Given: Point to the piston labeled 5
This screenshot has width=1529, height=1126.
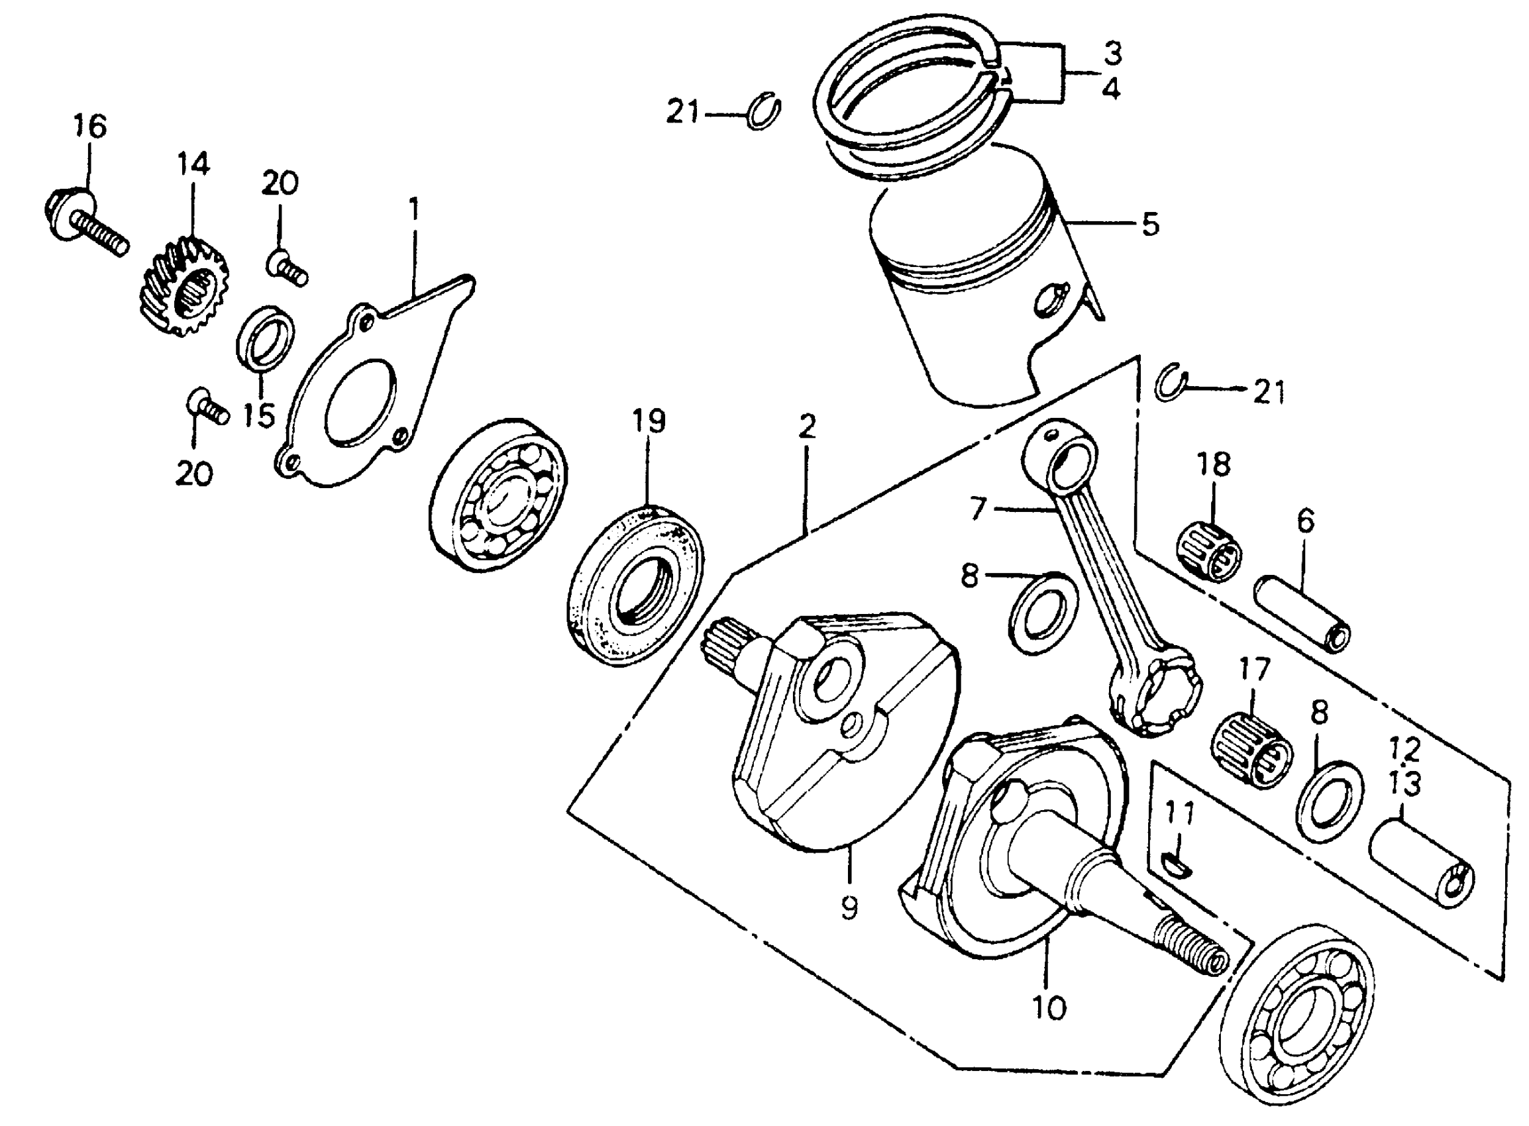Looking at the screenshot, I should coord(975,286).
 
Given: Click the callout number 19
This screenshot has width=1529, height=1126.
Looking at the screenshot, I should coord(649,422).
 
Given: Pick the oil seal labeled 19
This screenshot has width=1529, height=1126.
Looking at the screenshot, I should coord(635,584).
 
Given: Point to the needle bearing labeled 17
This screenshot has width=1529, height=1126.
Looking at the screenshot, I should coord(1253,750).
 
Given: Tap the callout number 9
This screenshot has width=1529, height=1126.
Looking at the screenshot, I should coord(849,907).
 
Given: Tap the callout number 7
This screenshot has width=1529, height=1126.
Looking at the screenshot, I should coord(978,509).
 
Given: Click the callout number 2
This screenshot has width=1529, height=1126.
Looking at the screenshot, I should coord(806,427).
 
